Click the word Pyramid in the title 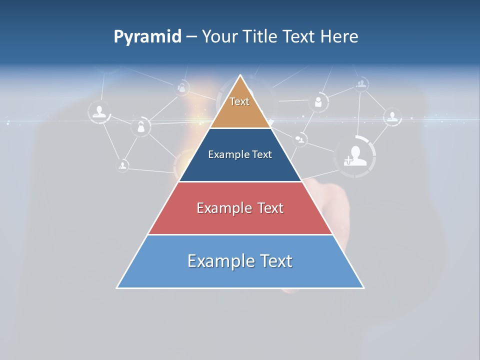[x=147, y=37]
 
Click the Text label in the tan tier [x=239, y=101]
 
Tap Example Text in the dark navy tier [x=240, y=154]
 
